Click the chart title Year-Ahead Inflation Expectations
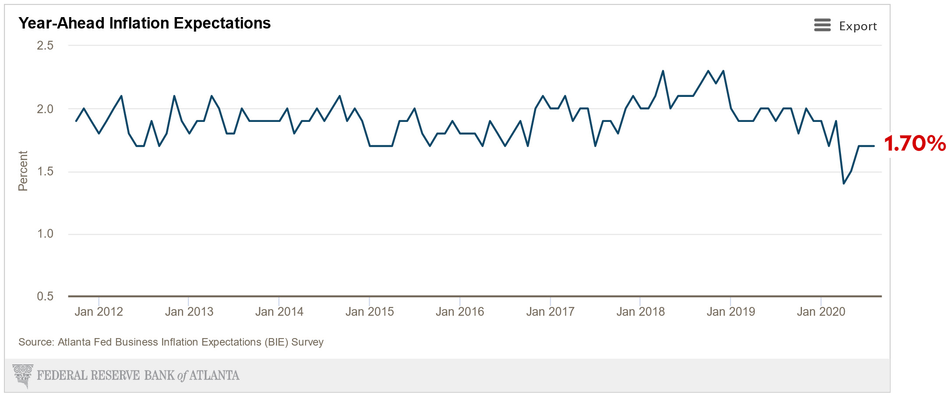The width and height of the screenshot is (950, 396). [x=145, y=23]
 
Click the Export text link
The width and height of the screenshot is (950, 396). [x=858, y=26]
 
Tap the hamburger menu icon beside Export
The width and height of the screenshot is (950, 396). [x=822, y=25]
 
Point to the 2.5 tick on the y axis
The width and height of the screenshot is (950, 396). [x=45, y=46]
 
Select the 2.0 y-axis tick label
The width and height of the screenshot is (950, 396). [x=45, y=109]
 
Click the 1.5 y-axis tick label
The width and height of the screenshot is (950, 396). [x=45, y=171]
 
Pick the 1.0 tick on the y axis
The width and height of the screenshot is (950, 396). [x=45, y=234]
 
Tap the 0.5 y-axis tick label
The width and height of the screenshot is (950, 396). [x=45, y=296]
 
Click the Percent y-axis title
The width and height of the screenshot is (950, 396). [x=23, y=171]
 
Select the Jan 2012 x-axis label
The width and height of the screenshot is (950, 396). [x=99, y=312]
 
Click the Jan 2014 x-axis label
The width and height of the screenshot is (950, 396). [x=279, y=312]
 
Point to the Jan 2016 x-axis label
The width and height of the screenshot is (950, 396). [x=459, y=312]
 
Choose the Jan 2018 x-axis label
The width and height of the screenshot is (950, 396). [x=640, y=312]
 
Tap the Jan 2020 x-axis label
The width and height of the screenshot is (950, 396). [x=821, y=312]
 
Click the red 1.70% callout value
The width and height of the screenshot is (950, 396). [x=915, y=144]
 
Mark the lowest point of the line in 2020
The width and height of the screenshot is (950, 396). [x=844, y=183]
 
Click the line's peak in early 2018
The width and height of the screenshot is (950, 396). [x=663, y=71]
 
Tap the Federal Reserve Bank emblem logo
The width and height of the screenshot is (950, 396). [x=23, y=375]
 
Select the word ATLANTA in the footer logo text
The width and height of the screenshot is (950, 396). [x=214, y=375]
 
